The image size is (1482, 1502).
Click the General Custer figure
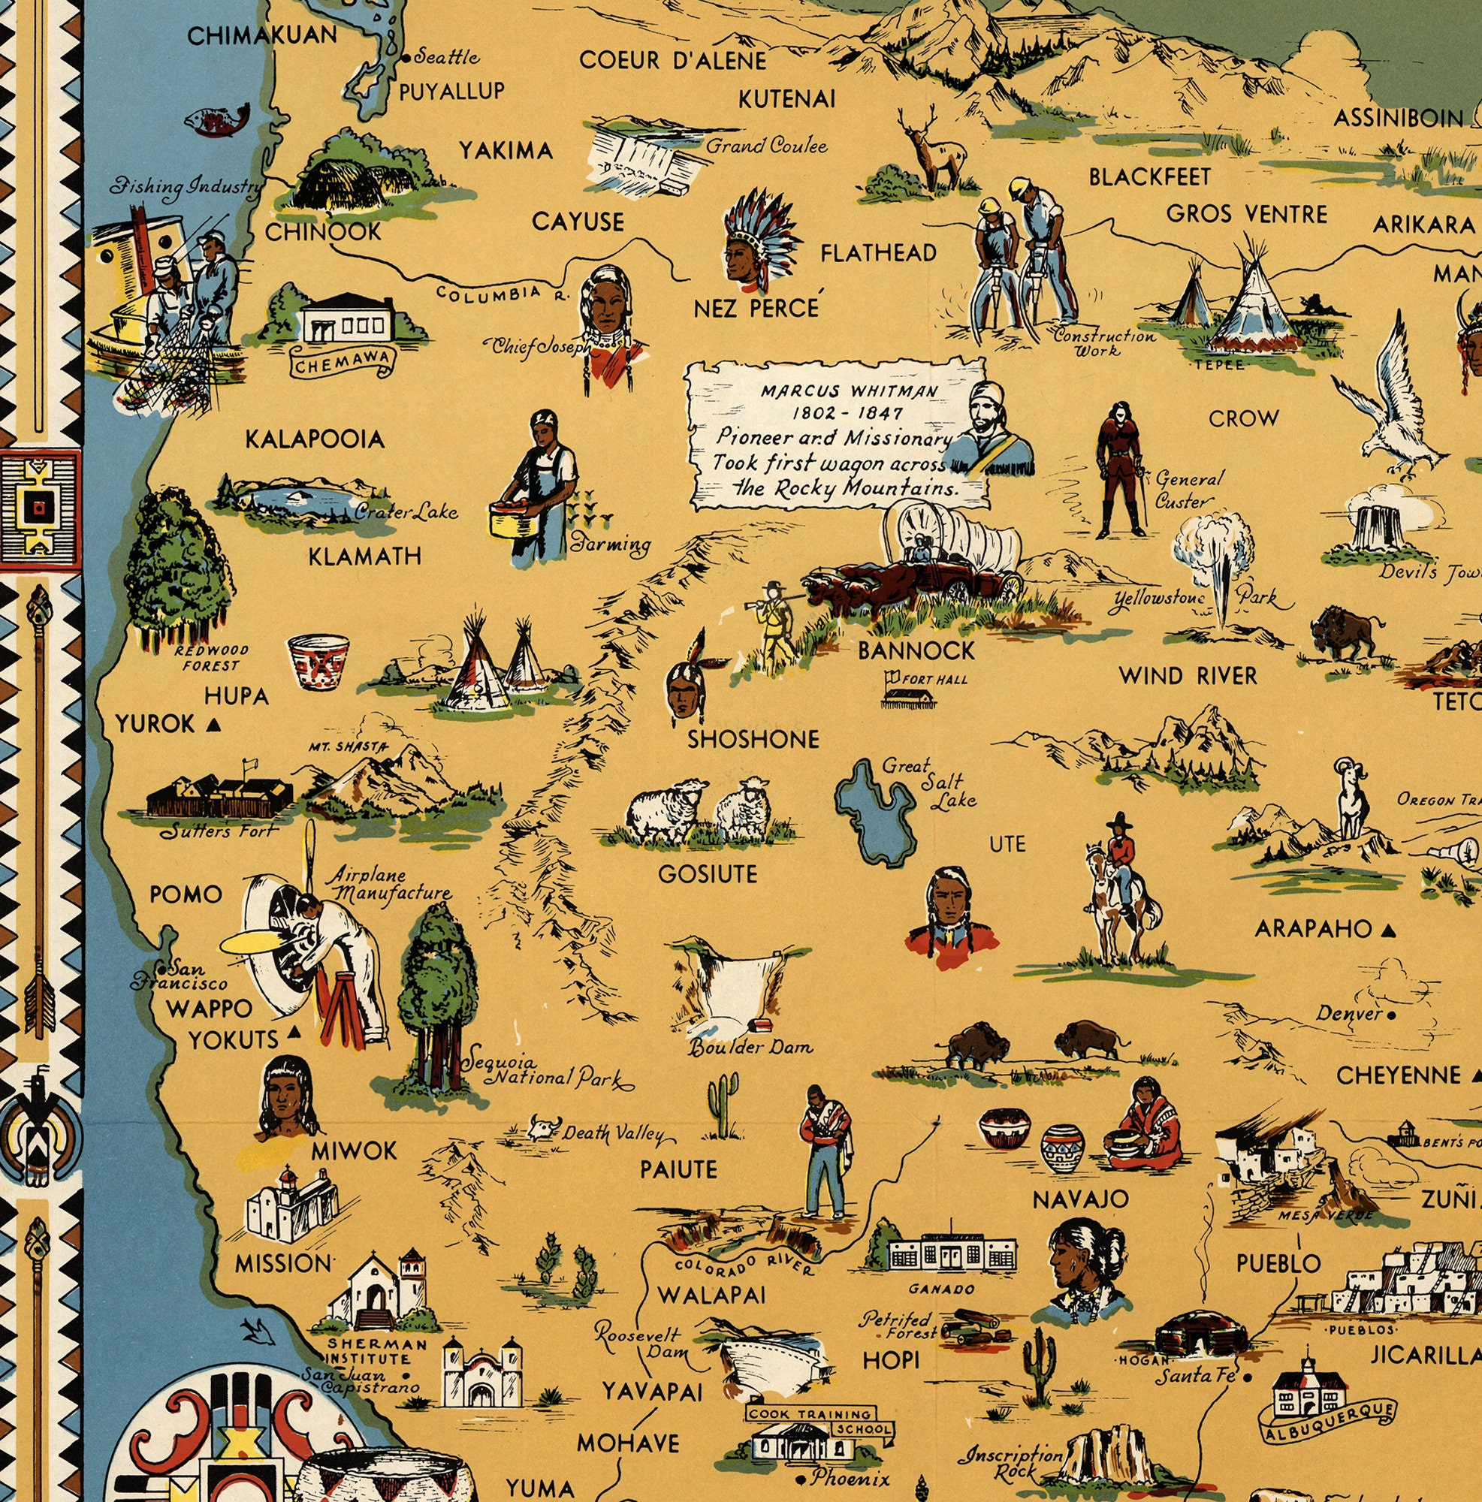[1118, 470]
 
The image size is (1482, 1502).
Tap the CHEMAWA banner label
[342, 362]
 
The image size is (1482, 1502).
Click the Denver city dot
[1390, 1015]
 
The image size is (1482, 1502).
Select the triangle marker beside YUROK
[213, 726]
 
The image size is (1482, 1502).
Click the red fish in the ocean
[217, 119]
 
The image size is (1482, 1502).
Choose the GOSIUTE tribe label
[707, 875]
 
